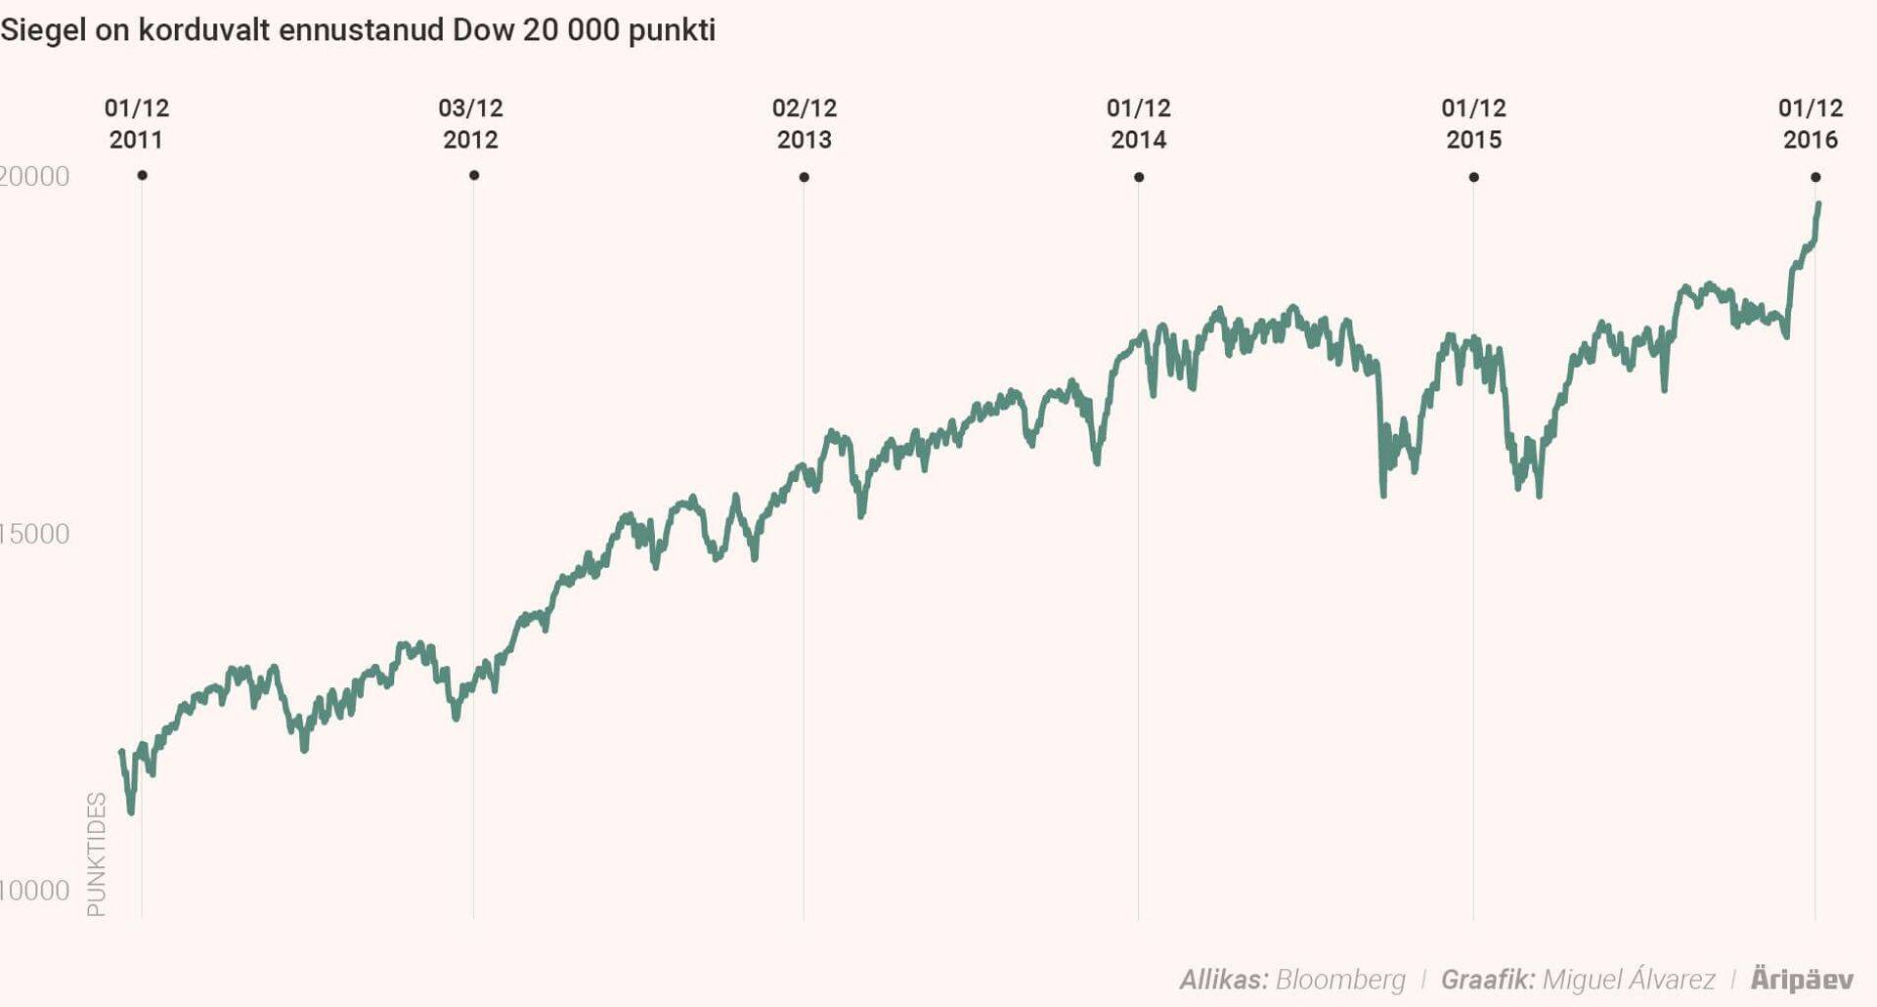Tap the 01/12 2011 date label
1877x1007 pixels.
tap(137, 123)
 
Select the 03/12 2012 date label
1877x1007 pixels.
tap(470, 123)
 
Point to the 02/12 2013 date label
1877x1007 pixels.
tap(805, 123)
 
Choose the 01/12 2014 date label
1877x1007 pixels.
tap(1139, 123)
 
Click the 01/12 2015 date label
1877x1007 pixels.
tap(1473, 123)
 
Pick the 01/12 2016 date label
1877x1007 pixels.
tap(1810, 123)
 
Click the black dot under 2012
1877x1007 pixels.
tap(474, 175)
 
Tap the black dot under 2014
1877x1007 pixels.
tap(1139, 177)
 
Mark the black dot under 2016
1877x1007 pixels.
tap(1815, 177)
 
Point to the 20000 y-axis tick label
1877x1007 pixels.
tap(34, 176)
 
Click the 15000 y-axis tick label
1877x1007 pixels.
tap(34, 534)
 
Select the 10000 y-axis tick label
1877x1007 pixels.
tap(34, 891)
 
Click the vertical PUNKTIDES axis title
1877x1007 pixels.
tap(96, 854)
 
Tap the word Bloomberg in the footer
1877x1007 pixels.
tap(1340, 979)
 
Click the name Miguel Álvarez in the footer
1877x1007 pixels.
tap(1628, 979)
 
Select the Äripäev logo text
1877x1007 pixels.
tap(1802, 979)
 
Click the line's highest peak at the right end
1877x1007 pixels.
tap(1818, 204)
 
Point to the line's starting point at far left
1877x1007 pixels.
tap(121, 751)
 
